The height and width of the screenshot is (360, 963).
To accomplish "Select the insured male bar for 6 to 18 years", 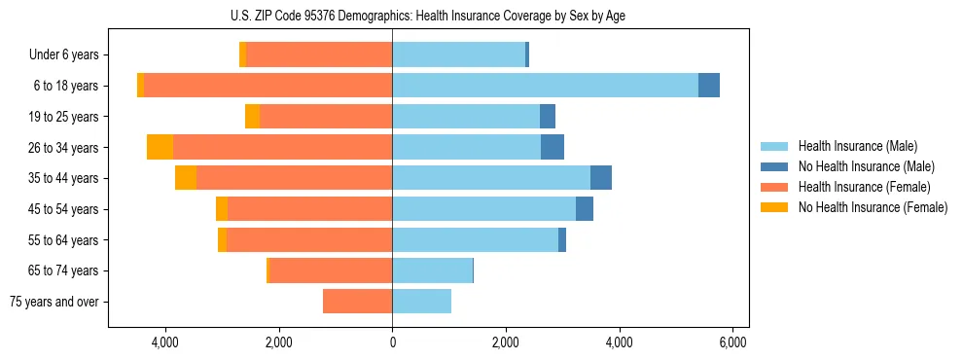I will pyautogui.click(x=545, y=86).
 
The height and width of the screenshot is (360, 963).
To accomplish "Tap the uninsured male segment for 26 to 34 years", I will pyautogui.click(x=553, y=147).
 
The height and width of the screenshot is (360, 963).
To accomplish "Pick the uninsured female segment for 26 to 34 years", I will pyautogui.click(x=160, y=147).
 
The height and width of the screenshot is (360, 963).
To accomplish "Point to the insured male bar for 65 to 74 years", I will pyautogui.click(x=432, y=270).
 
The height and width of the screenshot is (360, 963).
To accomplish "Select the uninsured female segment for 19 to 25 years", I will pyautogui.click(x=252, y=117).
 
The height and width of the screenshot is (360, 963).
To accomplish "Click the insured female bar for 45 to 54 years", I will pyautogui.click(x=309, y=209).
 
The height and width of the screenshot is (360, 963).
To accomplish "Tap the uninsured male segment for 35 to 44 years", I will pyautogui.click(x=601, y=178).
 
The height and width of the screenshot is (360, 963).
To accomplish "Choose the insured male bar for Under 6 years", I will pyautogui.click(x=458, y=54).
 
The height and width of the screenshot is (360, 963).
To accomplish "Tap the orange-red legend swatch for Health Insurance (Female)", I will pyautogui.click(x=774, y=187).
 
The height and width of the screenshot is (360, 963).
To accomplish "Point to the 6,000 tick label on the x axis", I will pyautogui.click(x=732, y=342).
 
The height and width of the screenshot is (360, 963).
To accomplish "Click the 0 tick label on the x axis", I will pyautogui.click(x=392, y=342).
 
